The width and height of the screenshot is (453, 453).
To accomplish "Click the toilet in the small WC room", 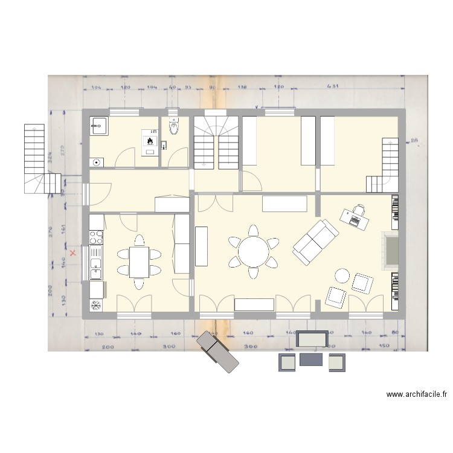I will pos(175,127).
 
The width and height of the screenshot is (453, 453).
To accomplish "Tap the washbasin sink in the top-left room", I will pos(98,126).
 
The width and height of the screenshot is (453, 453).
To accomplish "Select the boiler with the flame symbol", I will pos(149,142).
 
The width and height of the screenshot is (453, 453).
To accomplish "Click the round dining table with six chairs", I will pos(254,251).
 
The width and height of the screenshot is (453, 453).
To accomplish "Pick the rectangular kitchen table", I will pos(140,262).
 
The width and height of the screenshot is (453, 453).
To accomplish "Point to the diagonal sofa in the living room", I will pos(315,242).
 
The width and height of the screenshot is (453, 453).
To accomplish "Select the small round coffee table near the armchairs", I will pos(343,276).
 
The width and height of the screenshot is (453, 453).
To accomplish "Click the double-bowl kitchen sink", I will pos(96,265).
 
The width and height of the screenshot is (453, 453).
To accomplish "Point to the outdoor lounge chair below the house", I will pos(218,351).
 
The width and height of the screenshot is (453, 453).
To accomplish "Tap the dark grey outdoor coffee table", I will pos(312,359).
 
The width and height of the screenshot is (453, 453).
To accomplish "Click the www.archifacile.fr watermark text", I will pos(416,394).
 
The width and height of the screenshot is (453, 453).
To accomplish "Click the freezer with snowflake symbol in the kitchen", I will pos(96,304).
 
